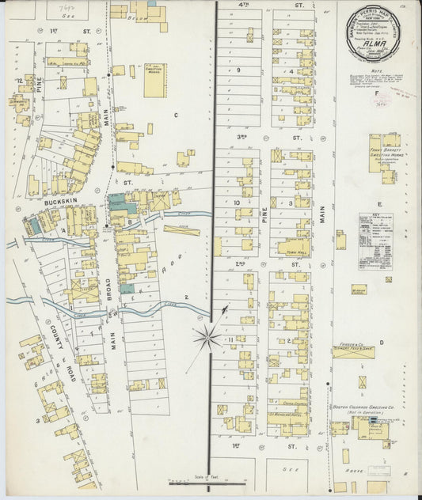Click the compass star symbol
208,338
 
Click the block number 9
238,70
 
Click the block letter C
177,115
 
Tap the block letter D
381,343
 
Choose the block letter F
375,93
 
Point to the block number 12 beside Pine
17,81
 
